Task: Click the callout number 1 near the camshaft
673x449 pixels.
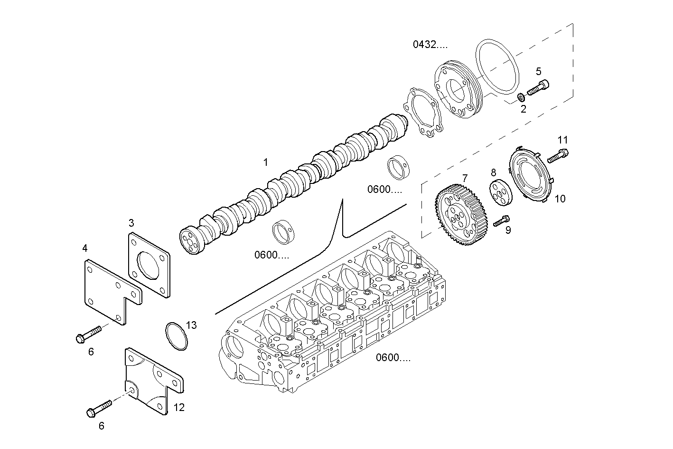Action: pos(266,162)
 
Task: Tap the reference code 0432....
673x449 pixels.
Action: pos(430,45)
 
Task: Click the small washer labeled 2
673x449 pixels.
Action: pos(520,97)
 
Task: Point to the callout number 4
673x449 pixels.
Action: pos(84,248)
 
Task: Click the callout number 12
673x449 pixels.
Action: pos(179,407)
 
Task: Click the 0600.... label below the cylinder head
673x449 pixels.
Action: pos(393,358)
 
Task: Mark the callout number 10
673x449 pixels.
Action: pos(560,199)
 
